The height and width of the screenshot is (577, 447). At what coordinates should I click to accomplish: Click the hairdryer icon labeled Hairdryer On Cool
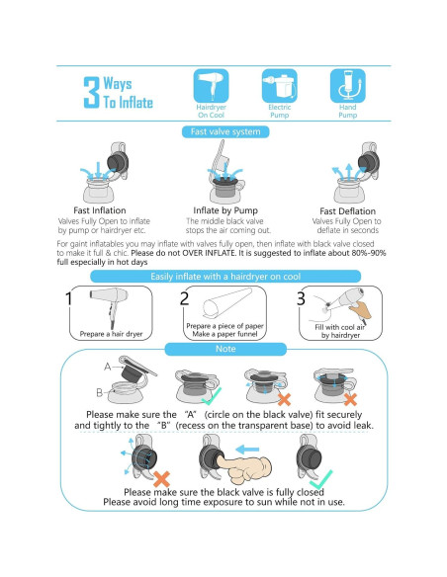tap(211, 86)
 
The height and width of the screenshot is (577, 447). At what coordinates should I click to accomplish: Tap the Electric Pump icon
tap(279, 86)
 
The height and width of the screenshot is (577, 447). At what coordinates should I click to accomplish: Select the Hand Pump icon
tap(347, 86)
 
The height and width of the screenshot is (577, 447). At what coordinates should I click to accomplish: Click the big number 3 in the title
tap(91, 92)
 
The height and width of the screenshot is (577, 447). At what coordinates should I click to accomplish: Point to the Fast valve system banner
tap(225, 131)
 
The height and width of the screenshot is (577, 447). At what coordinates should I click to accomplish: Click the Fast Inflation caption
tap(100, 210)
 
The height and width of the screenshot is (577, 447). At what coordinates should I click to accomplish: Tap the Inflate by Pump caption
tap(225, 210)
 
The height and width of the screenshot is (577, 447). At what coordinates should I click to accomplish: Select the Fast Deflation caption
tap(347, 211)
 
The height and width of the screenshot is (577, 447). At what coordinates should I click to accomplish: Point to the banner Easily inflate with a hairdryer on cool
tap(225, 277)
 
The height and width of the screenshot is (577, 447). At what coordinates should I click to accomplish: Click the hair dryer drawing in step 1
tap(111, 306)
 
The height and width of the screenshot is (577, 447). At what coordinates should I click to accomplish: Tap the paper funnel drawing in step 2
tap(226, 304)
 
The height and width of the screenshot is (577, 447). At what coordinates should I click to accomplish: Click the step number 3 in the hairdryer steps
tap(301, 298)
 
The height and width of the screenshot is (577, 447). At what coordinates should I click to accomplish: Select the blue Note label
tap(225, 349)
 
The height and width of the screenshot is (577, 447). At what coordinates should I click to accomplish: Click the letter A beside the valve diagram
tap(107, 367)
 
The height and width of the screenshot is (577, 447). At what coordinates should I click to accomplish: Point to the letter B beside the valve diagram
tap(99, 392)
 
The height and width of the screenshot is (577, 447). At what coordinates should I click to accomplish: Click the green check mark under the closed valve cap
tap(320, 479)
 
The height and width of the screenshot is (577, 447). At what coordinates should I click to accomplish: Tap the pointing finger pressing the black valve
tap(243, 468)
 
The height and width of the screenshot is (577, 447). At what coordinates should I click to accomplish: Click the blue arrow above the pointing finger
tap(247, 450)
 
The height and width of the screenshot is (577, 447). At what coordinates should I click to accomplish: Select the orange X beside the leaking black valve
tap(161, 479)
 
